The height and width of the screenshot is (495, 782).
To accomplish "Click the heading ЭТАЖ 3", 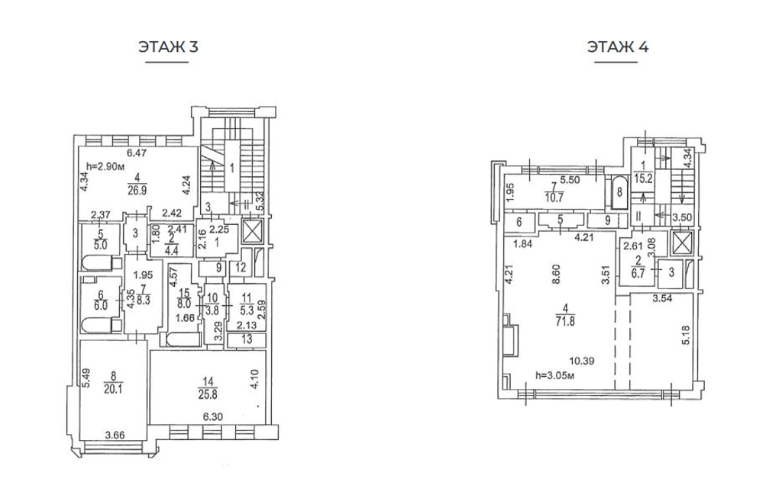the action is (x=169, y=47).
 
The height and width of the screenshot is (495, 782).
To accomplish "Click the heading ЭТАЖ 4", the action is (x=618, y=47).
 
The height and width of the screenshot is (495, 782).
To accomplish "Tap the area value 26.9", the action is (x=137, y=190).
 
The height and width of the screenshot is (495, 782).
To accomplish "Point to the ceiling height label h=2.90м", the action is (x=105, y=166).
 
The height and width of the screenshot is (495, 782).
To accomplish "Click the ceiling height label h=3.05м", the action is (x=554, y=375).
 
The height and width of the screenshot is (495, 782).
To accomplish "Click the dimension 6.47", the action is (x=137, y=153).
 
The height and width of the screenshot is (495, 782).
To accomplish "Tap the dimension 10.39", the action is (x=582, y=361).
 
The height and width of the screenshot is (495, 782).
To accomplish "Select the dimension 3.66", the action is (x=115, y=436).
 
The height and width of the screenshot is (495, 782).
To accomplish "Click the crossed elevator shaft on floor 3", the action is (x=251, y=232).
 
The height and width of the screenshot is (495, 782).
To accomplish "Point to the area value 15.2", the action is (x=643, y=178).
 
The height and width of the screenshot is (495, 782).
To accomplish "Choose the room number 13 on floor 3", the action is (x=247, y=339).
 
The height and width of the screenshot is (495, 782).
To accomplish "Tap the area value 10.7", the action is (x=554, y=198).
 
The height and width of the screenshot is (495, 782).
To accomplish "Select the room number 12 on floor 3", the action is (x=241, y=268).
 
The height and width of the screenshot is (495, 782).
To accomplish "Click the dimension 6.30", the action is (x=212, y=416).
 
